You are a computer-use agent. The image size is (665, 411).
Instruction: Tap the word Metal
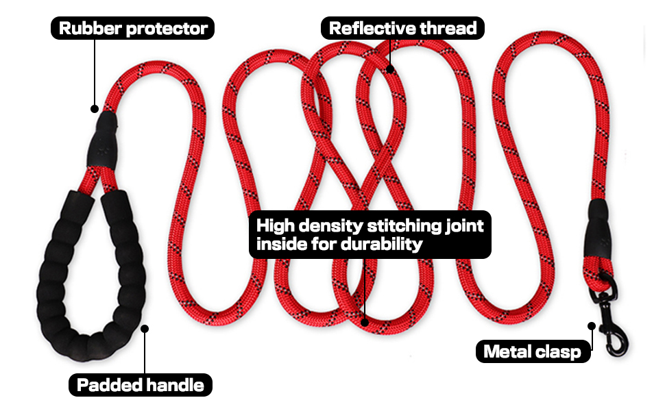tap(508, 352)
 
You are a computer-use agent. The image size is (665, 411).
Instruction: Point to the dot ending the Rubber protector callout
tap(95, 108)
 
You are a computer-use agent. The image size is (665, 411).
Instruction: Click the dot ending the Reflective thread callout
tap(389, 68)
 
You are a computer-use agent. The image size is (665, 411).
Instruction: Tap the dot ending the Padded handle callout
tap(145, 328)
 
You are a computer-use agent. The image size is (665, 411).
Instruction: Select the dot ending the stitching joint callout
tap(365, 321)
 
